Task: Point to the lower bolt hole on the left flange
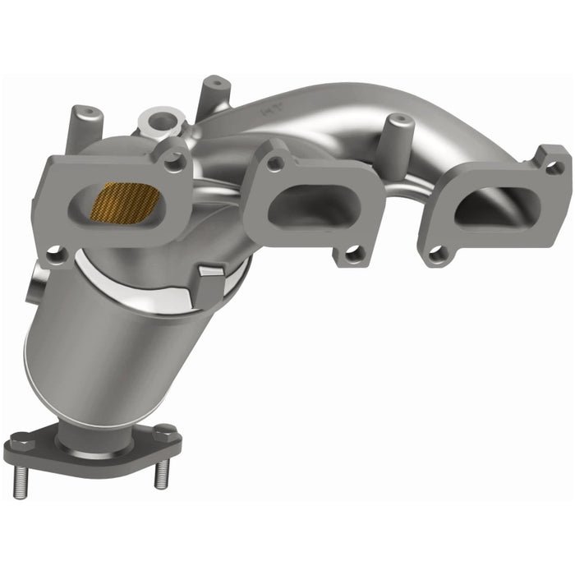click(56, 257)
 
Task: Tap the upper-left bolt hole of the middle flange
click(275, 164)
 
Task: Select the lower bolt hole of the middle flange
click(353, 255)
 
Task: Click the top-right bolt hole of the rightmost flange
click(554, 168)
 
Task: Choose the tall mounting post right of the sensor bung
click(214, 94)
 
